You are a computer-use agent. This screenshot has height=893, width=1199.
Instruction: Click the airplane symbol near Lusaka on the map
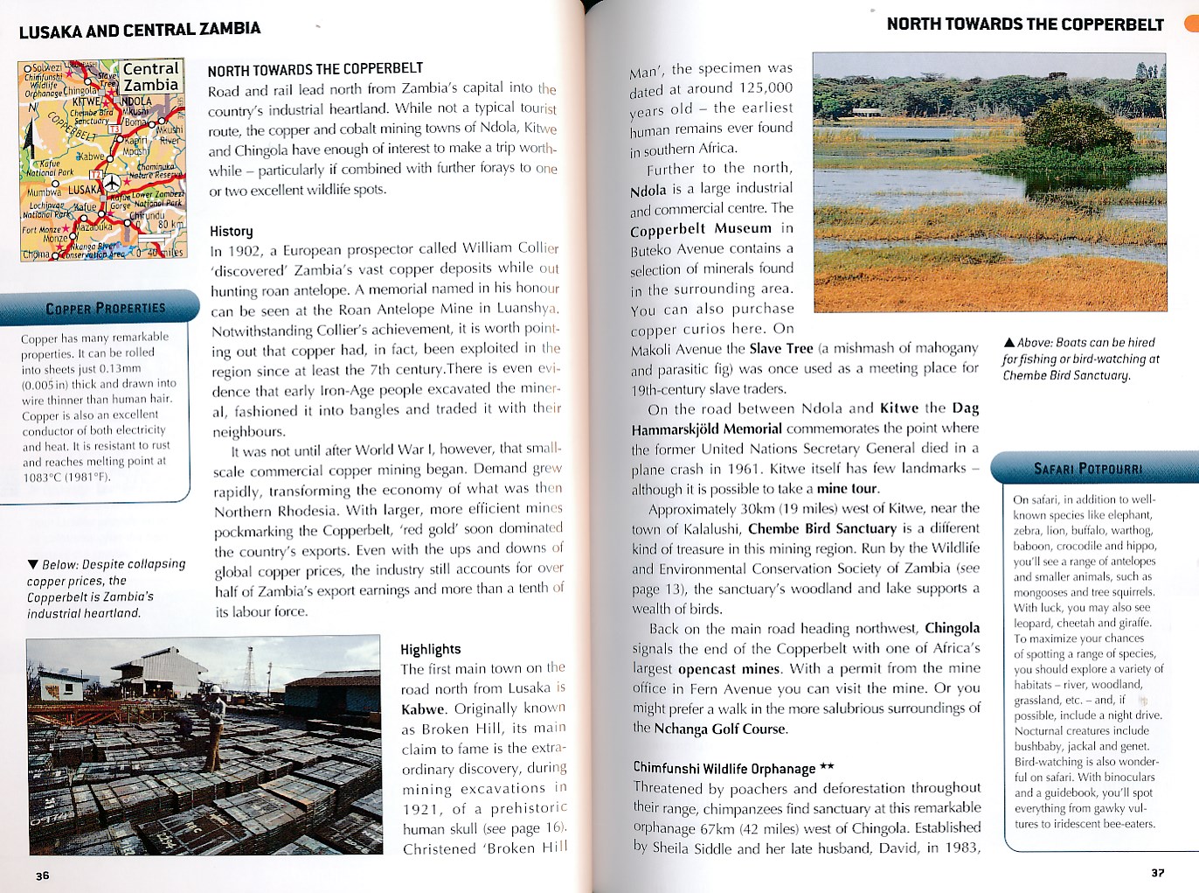tap(113, 185)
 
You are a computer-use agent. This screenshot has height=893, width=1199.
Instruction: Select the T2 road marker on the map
tap(95, 176)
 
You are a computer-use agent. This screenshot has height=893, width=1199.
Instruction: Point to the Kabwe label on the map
tap(90, 157)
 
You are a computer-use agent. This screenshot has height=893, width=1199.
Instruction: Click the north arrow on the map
tap(33, 108)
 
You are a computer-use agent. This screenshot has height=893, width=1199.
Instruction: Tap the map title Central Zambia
tap(150, 77)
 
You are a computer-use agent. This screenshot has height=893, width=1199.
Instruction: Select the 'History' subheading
tap(231, 231)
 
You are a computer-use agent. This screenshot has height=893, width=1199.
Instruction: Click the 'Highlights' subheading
tap(430, 649)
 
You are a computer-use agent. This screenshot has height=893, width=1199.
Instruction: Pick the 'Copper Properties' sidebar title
tap(105, 309)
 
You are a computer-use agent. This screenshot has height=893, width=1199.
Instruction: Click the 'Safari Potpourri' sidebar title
tap(1087, 469)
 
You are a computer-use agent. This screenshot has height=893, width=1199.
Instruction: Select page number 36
tap(43, 876)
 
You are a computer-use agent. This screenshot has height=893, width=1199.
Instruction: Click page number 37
tap(1157, 873)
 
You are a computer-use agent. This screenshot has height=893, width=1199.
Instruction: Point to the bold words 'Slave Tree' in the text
tap(780, 348)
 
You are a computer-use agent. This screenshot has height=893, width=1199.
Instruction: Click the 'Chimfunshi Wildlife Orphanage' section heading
tap(724, 768)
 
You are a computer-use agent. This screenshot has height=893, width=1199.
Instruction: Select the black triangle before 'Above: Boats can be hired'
tap(1009, 343)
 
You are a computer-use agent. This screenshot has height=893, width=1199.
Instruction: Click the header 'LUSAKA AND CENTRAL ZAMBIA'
tap(140, 30)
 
